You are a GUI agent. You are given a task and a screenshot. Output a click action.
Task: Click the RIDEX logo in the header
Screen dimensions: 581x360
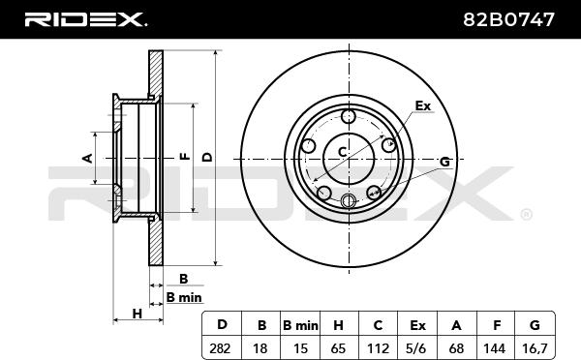click(86, 19)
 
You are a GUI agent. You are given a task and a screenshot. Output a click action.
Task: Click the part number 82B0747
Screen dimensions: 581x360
click(508, 19)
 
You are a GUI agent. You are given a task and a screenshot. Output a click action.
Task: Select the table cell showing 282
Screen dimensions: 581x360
click(222, 348)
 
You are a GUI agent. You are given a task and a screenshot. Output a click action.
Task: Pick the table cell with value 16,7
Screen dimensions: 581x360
click(535, 348)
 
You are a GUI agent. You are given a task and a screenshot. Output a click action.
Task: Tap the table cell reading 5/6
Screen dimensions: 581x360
click(417, 348)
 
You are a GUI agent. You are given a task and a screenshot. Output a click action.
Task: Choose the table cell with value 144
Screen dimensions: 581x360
click(495, 348)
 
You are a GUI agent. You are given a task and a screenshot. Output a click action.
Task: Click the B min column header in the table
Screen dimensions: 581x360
click(300, 325)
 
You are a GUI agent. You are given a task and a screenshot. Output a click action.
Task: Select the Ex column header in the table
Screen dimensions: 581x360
click(417, 325)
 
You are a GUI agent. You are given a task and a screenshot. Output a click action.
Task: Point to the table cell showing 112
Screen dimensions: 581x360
click(378, 348)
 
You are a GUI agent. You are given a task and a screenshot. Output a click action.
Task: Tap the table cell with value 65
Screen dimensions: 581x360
click(339, 348)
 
